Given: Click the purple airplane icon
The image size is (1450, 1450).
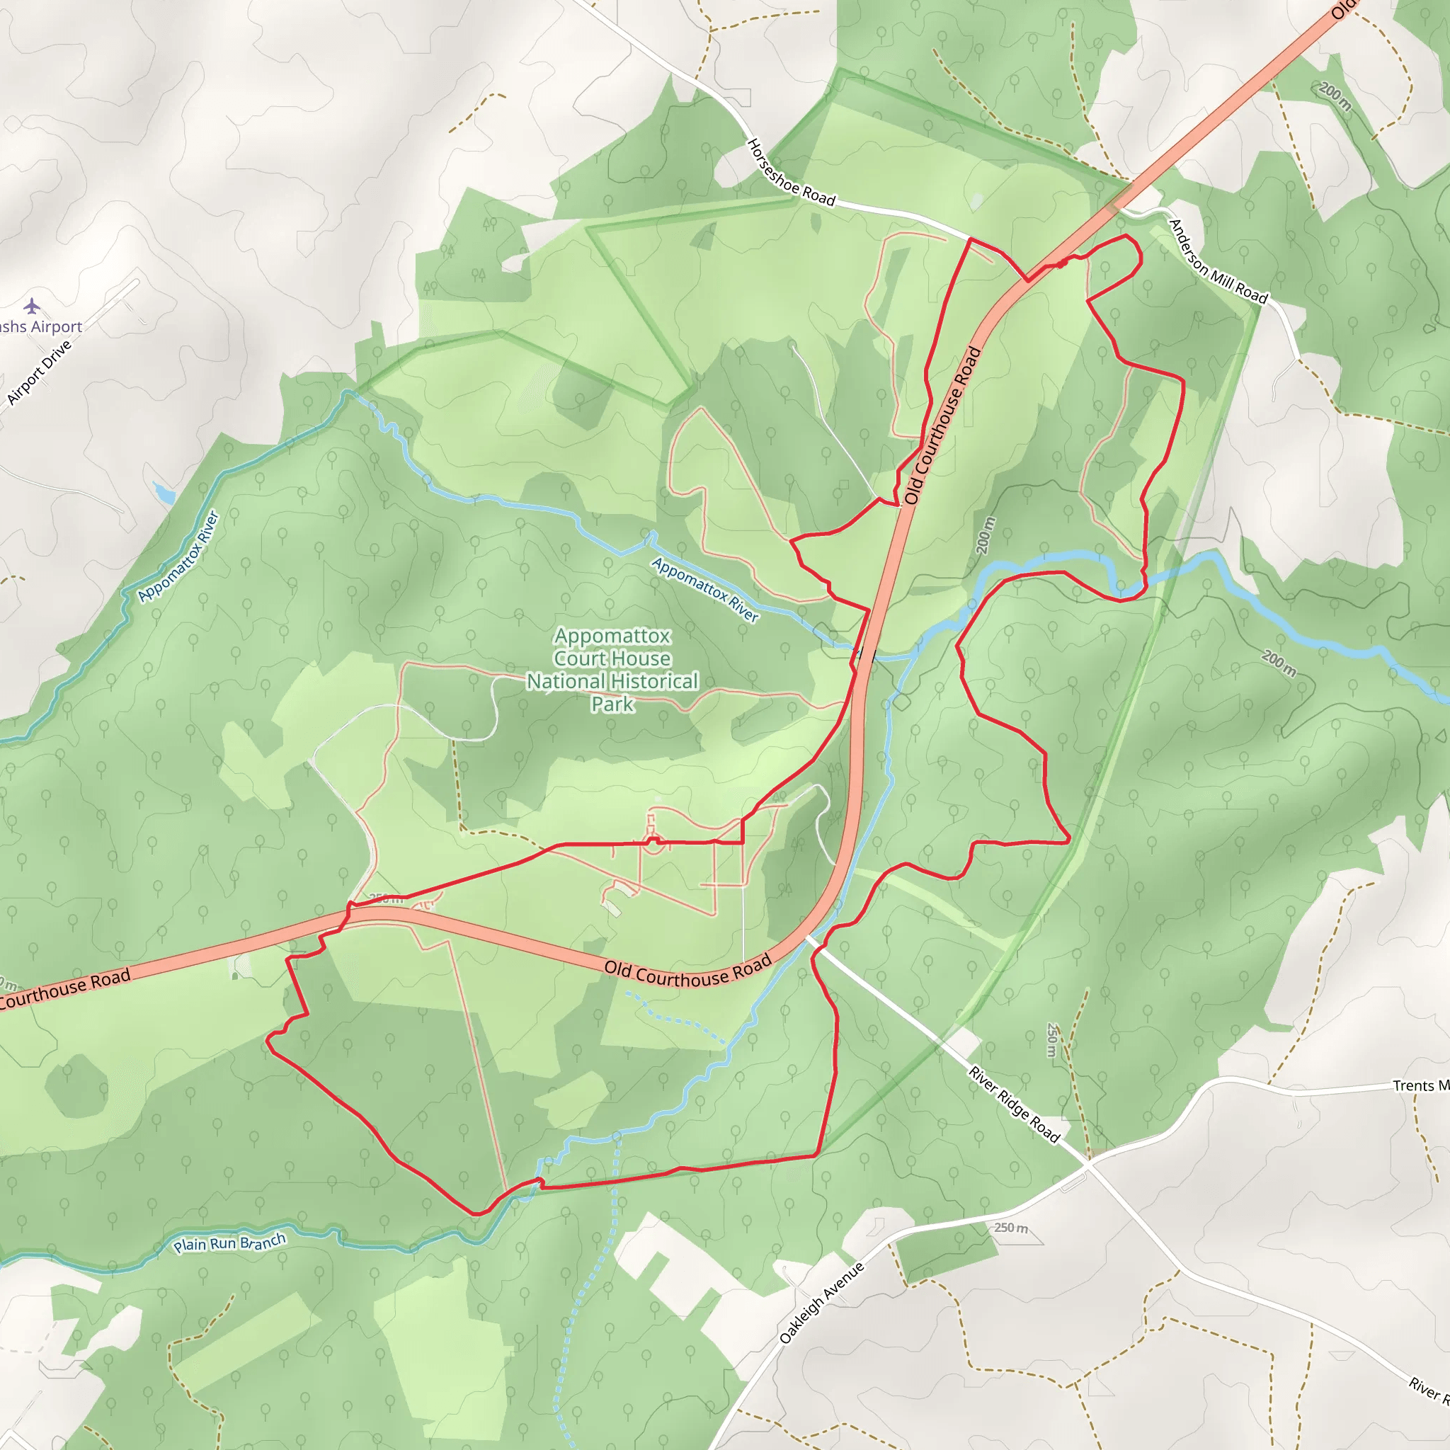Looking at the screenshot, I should (x=32, y=305).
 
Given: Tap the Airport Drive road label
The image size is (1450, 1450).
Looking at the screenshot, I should (x=39, y=372).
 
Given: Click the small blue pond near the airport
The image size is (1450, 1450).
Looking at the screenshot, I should (x=164, y=492).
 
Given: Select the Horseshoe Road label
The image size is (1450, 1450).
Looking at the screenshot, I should (x=790, y=173).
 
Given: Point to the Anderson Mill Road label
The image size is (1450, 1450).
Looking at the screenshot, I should (x=1217, y=261).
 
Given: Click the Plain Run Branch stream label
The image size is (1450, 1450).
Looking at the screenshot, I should (x=229, y=1243).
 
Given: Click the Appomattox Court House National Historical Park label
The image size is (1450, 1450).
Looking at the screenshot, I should (x=612, y=670).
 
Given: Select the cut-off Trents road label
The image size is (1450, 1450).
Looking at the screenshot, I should (x=1420, y=1085).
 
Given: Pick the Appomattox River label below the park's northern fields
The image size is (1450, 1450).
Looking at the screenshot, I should (x=704, y=589).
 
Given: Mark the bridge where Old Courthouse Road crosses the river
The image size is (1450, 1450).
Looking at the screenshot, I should (x=865, y=652).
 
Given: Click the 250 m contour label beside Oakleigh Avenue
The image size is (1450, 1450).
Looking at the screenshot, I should (x=1011, y=1228).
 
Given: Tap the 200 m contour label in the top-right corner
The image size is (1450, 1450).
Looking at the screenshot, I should (x=1335, y=96).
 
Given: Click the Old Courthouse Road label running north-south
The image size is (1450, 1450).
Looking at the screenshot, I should (x=942, y=425).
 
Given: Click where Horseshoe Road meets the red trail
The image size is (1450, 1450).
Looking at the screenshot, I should (x=971, y=239).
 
